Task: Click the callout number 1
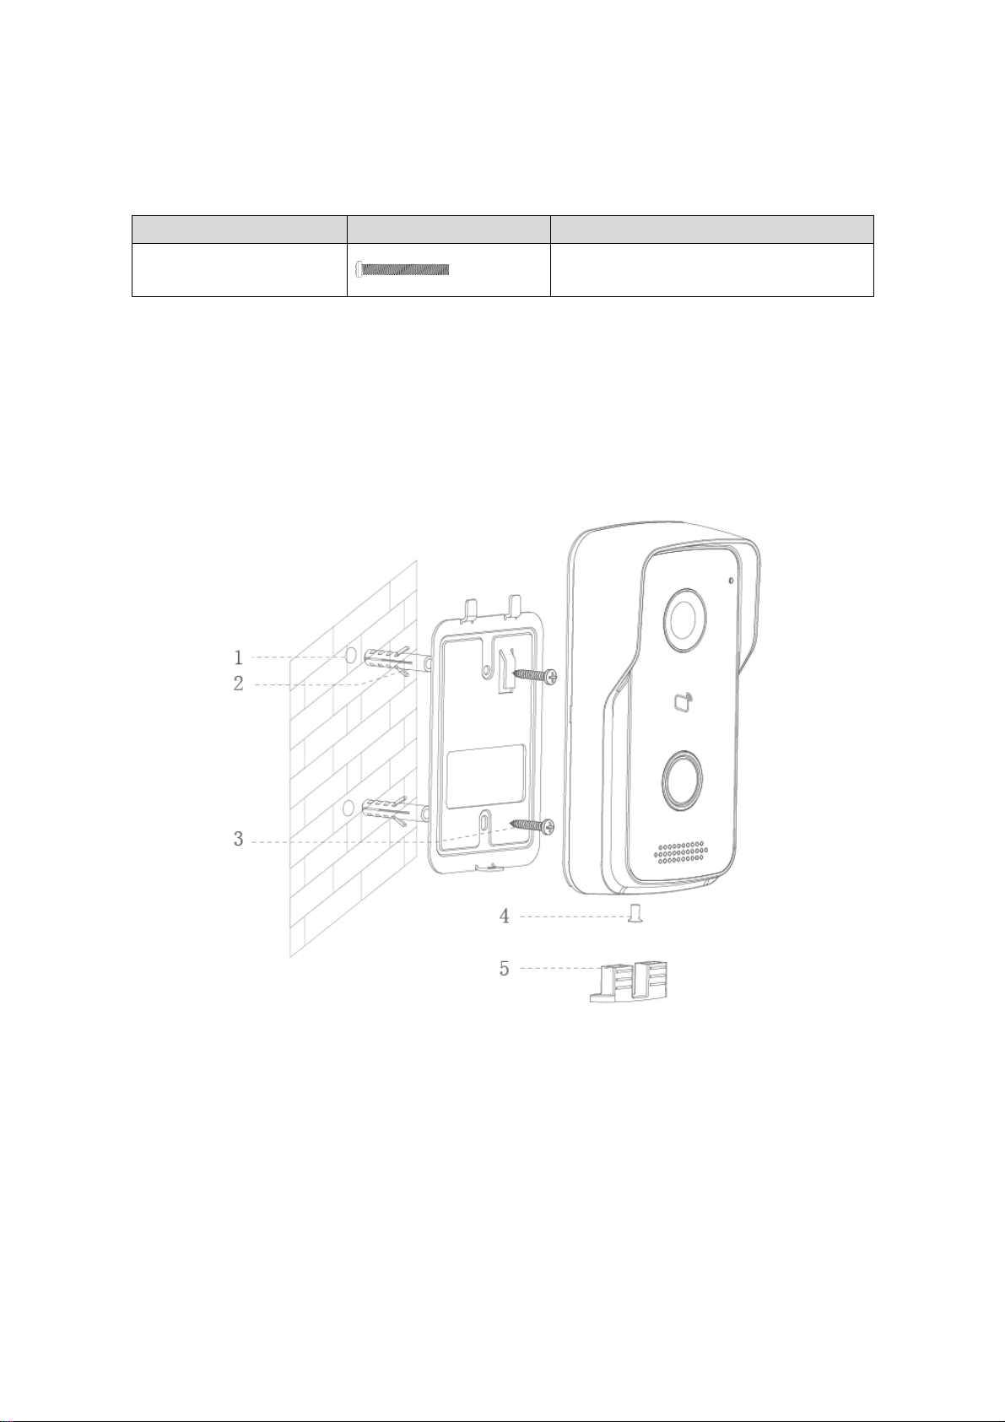[x=238, y=657]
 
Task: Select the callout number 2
[x=238, y=684]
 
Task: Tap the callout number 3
[x=238, y=839]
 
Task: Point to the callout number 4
[x=504, y=916]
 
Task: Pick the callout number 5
[x=504, y=968]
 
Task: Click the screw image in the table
[x=403, y=269]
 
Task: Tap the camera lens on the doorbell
[x=685, y=619]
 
